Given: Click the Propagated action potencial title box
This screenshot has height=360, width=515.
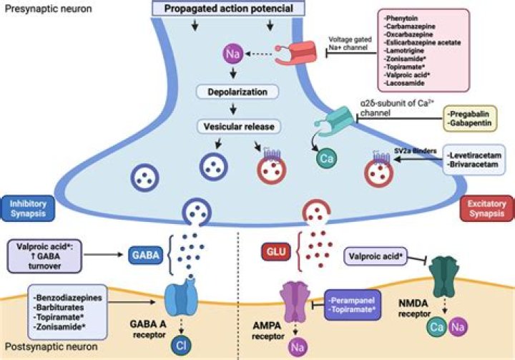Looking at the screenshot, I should click(x=228, y=9).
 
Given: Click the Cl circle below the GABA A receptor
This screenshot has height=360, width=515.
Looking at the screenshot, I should click(x=183, y=344).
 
